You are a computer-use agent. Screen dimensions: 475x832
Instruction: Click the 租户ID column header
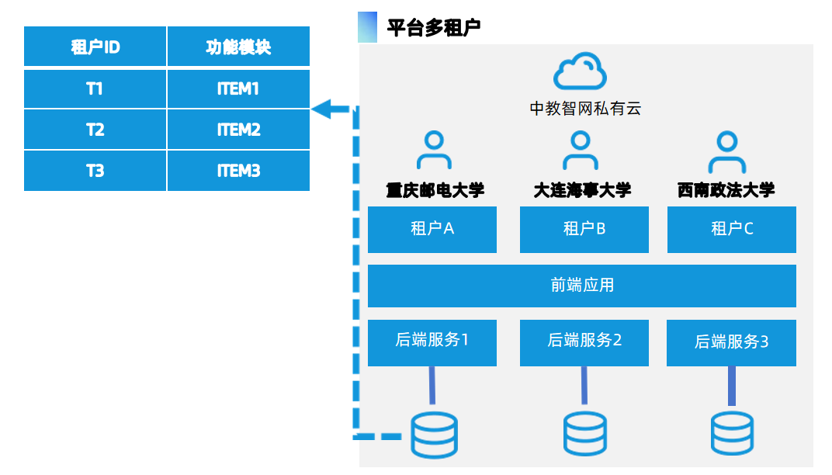(x=95, y=47)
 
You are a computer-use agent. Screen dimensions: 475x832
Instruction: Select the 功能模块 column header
(x=238, y=47)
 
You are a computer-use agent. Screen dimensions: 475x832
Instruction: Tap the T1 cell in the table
(x=95, y=88)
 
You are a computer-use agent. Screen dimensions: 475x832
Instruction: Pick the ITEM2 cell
(x=238, y=130)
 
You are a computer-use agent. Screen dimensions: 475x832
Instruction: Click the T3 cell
(x=95, y=171)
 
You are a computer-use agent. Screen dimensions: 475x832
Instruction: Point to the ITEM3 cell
(x=238, y=171)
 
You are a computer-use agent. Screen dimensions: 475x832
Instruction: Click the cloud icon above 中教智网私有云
(x=580, y=71)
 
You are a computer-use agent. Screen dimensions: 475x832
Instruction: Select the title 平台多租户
(x=434, y=28)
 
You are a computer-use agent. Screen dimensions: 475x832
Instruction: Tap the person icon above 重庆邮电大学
(x=434, y=151)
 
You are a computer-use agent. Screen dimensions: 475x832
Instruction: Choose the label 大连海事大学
(x=582, y=190)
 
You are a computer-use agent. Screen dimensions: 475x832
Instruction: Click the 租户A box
(x=432, y=229)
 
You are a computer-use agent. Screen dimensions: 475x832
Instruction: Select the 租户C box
(x=732, y=229)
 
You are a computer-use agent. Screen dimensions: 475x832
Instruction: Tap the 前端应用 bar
(x=582, y=286)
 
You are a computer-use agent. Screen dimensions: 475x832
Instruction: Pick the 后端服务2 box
(x=584, y=342)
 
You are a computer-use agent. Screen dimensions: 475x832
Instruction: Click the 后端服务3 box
(x=731, y=342)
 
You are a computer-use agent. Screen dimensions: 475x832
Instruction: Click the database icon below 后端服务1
(x=434, y=435)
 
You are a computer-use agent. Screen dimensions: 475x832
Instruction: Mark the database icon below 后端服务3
(x=732, y=434)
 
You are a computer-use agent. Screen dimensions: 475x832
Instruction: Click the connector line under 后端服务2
(x=584, y=386)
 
